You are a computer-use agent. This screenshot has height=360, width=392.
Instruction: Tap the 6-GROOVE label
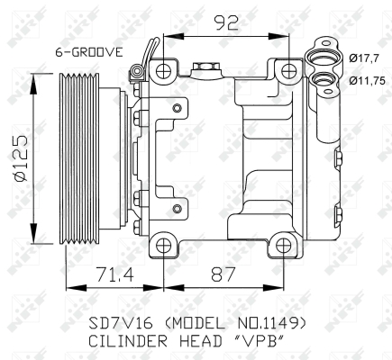coord(88,52)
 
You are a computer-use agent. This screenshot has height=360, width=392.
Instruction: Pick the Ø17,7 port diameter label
coord(363,60)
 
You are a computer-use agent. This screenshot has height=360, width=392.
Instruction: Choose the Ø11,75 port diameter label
coord(366,81)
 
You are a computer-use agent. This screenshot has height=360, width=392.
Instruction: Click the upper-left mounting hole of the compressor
coord(163,70)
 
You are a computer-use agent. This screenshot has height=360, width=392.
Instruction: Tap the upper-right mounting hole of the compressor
coord(288,70)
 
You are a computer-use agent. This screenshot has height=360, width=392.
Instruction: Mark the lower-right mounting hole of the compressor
coord(283,245)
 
